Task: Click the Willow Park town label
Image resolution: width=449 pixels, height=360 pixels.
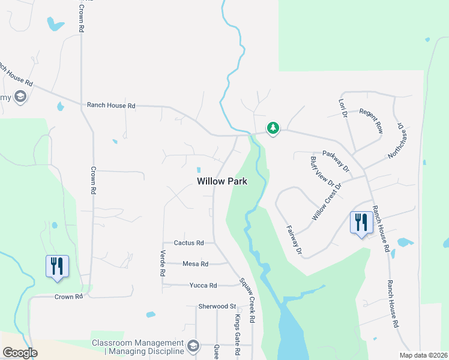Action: point(222,181)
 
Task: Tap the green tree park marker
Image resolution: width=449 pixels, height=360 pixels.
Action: point(273,128)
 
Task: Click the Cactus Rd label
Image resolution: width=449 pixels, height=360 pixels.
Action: point(188,243)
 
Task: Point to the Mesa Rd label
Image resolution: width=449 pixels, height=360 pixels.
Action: point(195,263)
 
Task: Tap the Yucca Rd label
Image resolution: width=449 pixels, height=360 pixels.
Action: point(203,285)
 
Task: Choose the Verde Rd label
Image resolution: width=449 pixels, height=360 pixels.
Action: point(163,263)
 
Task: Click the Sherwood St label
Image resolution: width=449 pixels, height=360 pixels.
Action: point(217,306)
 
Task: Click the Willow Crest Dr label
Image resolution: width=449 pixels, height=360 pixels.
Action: point(326,202)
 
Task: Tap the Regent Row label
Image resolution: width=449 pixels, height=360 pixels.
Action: point(370,120)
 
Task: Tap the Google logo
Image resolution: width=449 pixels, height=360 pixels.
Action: point(20,353)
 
